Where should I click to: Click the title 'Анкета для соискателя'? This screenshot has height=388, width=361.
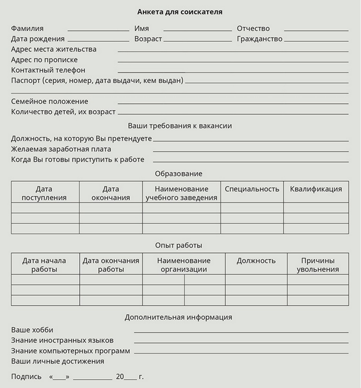180,12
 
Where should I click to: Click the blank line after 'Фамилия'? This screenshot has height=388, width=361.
98,30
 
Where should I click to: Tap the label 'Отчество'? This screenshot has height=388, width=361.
253,28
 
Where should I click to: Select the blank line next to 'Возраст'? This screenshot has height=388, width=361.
197,41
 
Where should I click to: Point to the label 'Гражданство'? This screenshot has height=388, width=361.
260,39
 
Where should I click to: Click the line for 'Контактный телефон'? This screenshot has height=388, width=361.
233,72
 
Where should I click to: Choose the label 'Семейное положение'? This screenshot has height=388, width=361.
50,101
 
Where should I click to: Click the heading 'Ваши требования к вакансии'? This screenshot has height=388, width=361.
180,126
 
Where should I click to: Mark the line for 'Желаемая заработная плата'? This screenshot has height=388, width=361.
250,151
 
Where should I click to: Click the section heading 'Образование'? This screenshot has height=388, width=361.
179,174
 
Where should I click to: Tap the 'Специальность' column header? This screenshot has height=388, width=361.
252,189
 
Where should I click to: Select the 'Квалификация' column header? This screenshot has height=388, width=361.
316,189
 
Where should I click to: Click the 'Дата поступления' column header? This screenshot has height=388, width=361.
44,193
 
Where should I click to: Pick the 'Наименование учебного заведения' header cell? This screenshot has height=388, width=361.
181,193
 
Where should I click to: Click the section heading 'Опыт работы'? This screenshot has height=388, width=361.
179,245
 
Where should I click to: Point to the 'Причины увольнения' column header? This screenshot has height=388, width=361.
317,265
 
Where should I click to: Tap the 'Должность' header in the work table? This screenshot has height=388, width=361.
256,261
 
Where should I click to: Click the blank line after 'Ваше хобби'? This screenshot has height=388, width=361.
241,332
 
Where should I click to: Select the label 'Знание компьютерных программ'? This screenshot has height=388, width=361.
71,351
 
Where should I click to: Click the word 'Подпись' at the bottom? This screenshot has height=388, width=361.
26,376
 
